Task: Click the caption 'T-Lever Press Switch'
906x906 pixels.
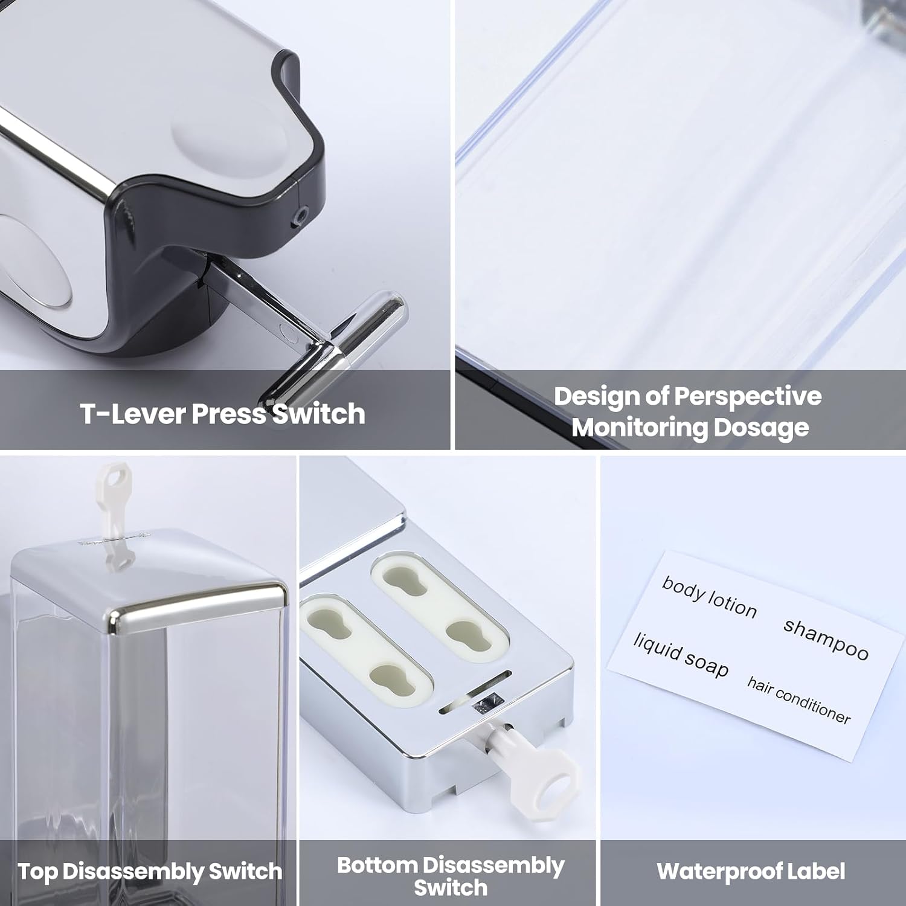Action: pyautogui.click(x=222, y=414)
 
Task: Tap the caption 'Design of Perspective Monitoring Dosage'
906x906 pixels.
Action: pyautogui.click(x=688, y=412)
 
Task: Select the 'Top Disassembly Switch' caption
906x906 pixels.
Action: pyautogui.click(x=150, y=872)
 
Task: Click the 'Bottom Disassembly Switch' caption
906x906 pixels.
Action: pyautogui.click(x=451, y=876)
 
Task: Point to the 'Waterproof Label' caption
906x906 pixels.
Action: pyautogui.click(x=751, y=871)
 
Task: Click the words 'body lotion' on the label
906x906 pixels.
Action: pyautogui.click(x=709, y=597)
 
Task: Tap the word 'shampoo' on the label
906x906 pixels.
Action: pyautogui.click(x=826, y=639)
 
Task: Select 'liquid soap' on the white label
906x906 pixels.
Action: pyautogui.click(x=681, y=655)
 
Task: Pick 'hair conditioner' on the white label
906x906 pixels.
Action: pyautogui.click(x=798, y=700)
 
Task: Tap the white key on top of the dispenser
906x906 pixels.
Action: pyautogui.click(x=114, y=513)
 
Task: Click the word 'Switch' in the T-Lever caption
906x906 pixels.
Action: pyautogui.click(x=318, y=414)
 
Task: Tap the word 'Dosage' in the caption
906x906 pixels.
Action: pyautogui.click(x=761, y=428)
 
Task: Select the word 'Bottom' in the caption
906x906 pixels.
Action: pyautogui.click(x=377, y=865)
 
